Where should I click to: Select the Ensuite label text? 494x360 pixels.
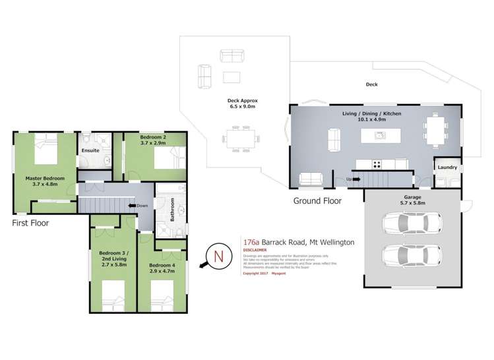(x=90, y=151)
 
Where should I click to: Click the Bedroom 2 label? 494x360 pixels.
(x=152, y=139)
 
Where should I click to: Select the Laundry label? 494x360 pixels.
(x=447, y=167)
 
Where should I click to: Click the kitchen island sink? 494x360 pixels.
(x=380, y=136)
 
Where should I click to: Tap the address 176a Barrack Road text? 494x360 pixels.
(x=299, y=242)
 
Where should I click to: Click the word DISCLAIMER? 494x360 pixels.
(x=255, y=251)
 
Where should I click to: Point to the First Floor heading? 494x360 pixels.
(x=30, y=223)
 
